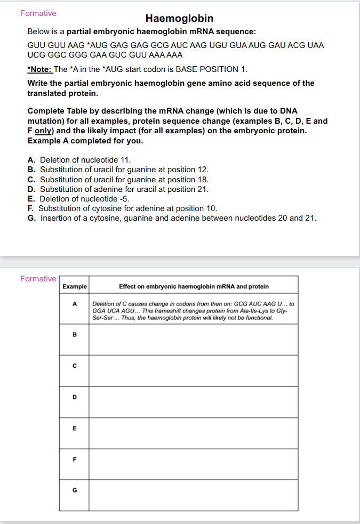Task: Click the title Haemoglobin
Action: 179,19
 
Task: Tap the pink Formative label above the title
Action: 38,13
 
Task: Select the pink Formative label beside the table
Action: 38,279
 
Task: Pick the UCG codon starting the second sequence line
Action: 36,54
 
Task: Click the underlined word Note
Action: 41,69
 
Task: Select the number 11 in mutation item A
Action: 125,159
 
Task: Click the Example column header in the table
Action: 75,287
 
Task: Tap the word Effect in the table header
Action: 128,287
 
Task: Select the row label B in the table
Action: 75,335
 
